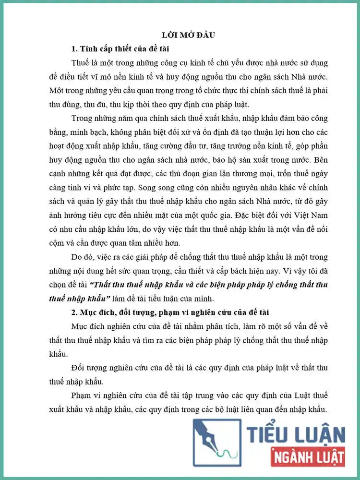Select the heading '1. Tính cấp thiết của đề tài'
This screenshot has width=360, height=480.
[120, 49]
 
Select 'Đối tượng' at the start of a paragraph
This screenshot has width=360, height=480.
[88, 368]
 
